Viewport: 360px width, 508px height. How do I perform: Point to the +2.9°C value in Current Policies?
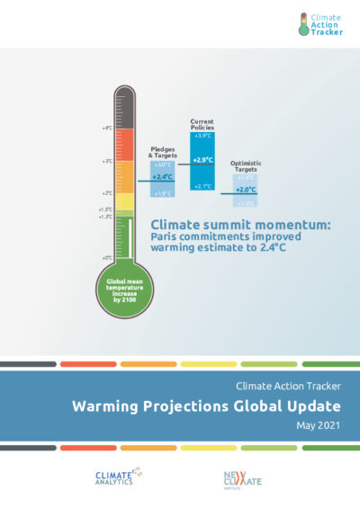[x=202, y=159]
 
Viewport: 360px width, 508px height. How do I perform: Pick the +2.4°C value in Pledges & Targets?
[x=162, y=177]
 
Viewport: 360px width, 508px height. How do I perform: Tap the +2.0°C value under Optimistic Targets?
[x=246, y=190]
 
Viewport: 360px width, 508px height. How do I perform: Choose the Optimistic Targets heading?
[x=246, y=165]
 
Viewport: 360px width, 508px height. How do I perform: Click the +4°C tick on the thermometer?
[x=107, y=129]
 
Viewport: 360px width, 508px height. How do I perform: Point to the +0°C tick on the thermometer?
[x=107, y=258]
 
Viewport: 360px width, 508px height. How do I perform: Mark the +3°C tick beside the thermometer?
[x=107, y=161]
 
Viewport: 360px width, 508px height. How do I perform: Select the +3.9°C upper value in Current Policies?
[x=202, y=136]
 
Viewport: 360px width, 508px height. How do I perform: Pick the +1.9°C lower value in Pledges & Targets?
[x=162, y=193]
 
